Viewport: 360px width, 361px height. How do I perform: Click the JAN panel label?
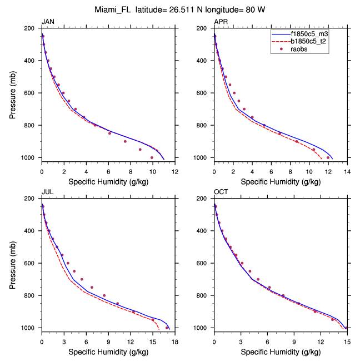[48, 21]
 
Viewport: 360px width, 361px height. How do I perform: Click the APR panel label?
[221, 21]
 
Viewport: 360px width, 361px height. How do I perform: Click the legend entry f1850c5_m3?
[311, 34]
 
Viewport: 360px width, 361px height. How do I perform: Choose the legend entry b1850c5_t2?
[311, 42]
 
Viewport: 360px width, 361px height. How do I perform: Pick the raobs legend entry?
[302, 50]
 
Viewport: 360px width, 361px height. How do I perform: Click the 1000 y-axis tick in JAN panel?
[31, 158]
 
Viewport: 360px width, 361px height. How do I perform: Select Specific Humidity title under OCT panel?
[281, 352]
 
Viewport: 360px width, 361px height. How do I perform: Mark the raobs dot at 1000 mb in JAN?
[152, 157]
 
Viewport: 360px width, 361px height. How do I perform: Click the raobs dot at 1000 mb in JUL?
[167, 328]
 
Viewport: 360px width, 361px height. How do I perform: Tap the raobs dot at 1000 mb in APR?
[328, 157]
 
